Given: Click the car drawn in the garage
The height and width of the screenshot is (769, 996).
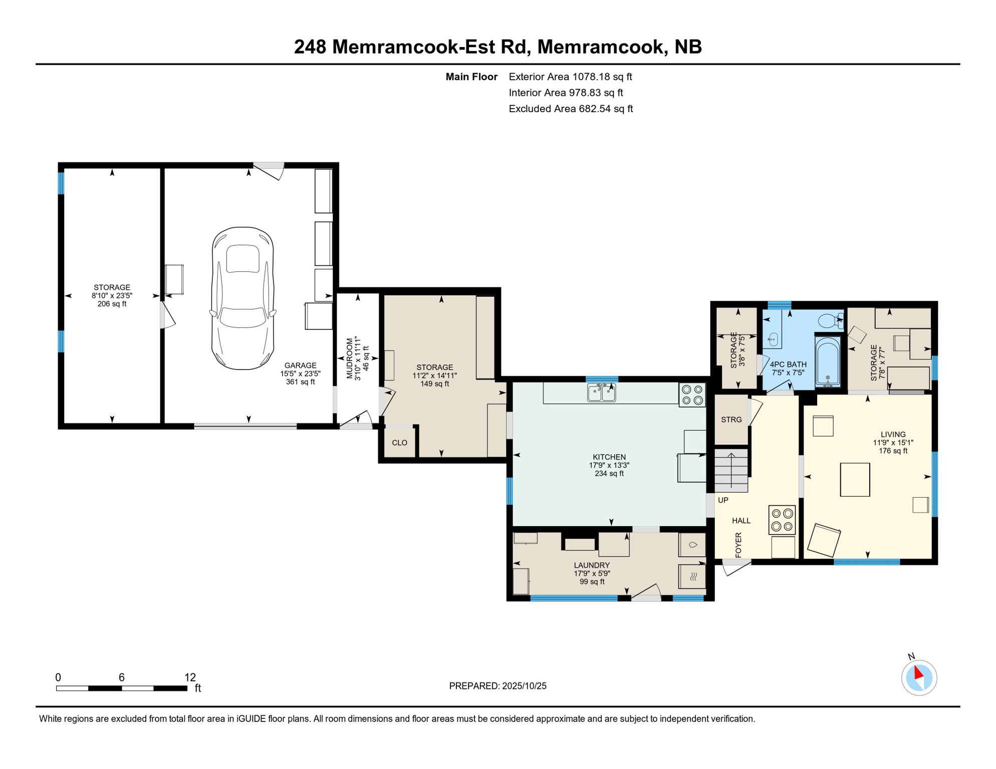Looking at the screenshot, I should click(x=242, y=298).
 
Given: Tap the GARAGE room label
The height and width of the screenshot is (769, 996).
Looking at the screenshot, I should click(x=300, y=366).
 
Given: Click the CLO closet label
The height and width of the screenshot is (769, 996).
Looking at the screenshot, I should click(x=399, y=443).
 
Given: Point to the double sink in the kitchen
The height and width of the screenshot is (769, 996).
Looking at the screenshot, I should click(x=601, y=393).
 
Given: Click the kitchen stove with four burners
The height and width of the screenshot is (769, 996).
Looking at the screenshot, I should click(x=692, y=395).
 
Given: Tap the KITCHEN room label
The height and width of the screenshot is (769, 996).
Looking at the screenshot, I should click(x=609, y=457).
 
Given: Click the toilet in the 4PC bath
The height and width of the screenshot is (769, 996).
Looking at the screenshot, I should click(x=829, y=320).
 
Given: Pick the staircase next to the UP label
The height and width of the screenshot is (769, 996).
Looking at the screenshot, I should click(x=731, y=471).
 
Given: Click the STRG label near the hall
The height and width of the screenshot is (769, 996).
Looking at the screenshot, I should click(x=731, y=420).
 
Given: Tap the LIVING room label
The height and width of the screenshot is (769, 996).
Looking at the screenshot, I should click(x=893, y=435).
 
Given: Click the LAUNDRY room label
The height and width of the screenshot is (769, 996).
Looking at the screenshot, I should click(x=592, y=565).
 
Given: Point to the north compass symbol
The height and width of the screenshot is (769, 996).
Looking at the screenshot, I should click(x=919, y=677).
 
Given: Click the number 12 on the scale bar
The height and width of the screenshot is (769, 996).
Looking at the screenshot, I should click(x=190, y=677).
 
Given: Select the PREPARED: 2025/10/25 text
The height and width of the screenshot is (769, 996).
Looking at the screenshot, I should click(x=497, y=686).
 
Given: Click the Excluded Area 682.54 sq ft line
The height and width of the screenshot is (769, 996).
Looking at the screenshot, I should click(x=571, y=109).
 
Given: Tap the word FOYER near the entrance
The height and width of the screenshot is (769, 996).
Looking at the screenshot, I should click(x=738, y=545).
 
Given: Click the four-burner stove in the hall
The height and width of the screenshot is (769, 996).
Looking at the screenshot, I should click(x=782, y=520).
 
